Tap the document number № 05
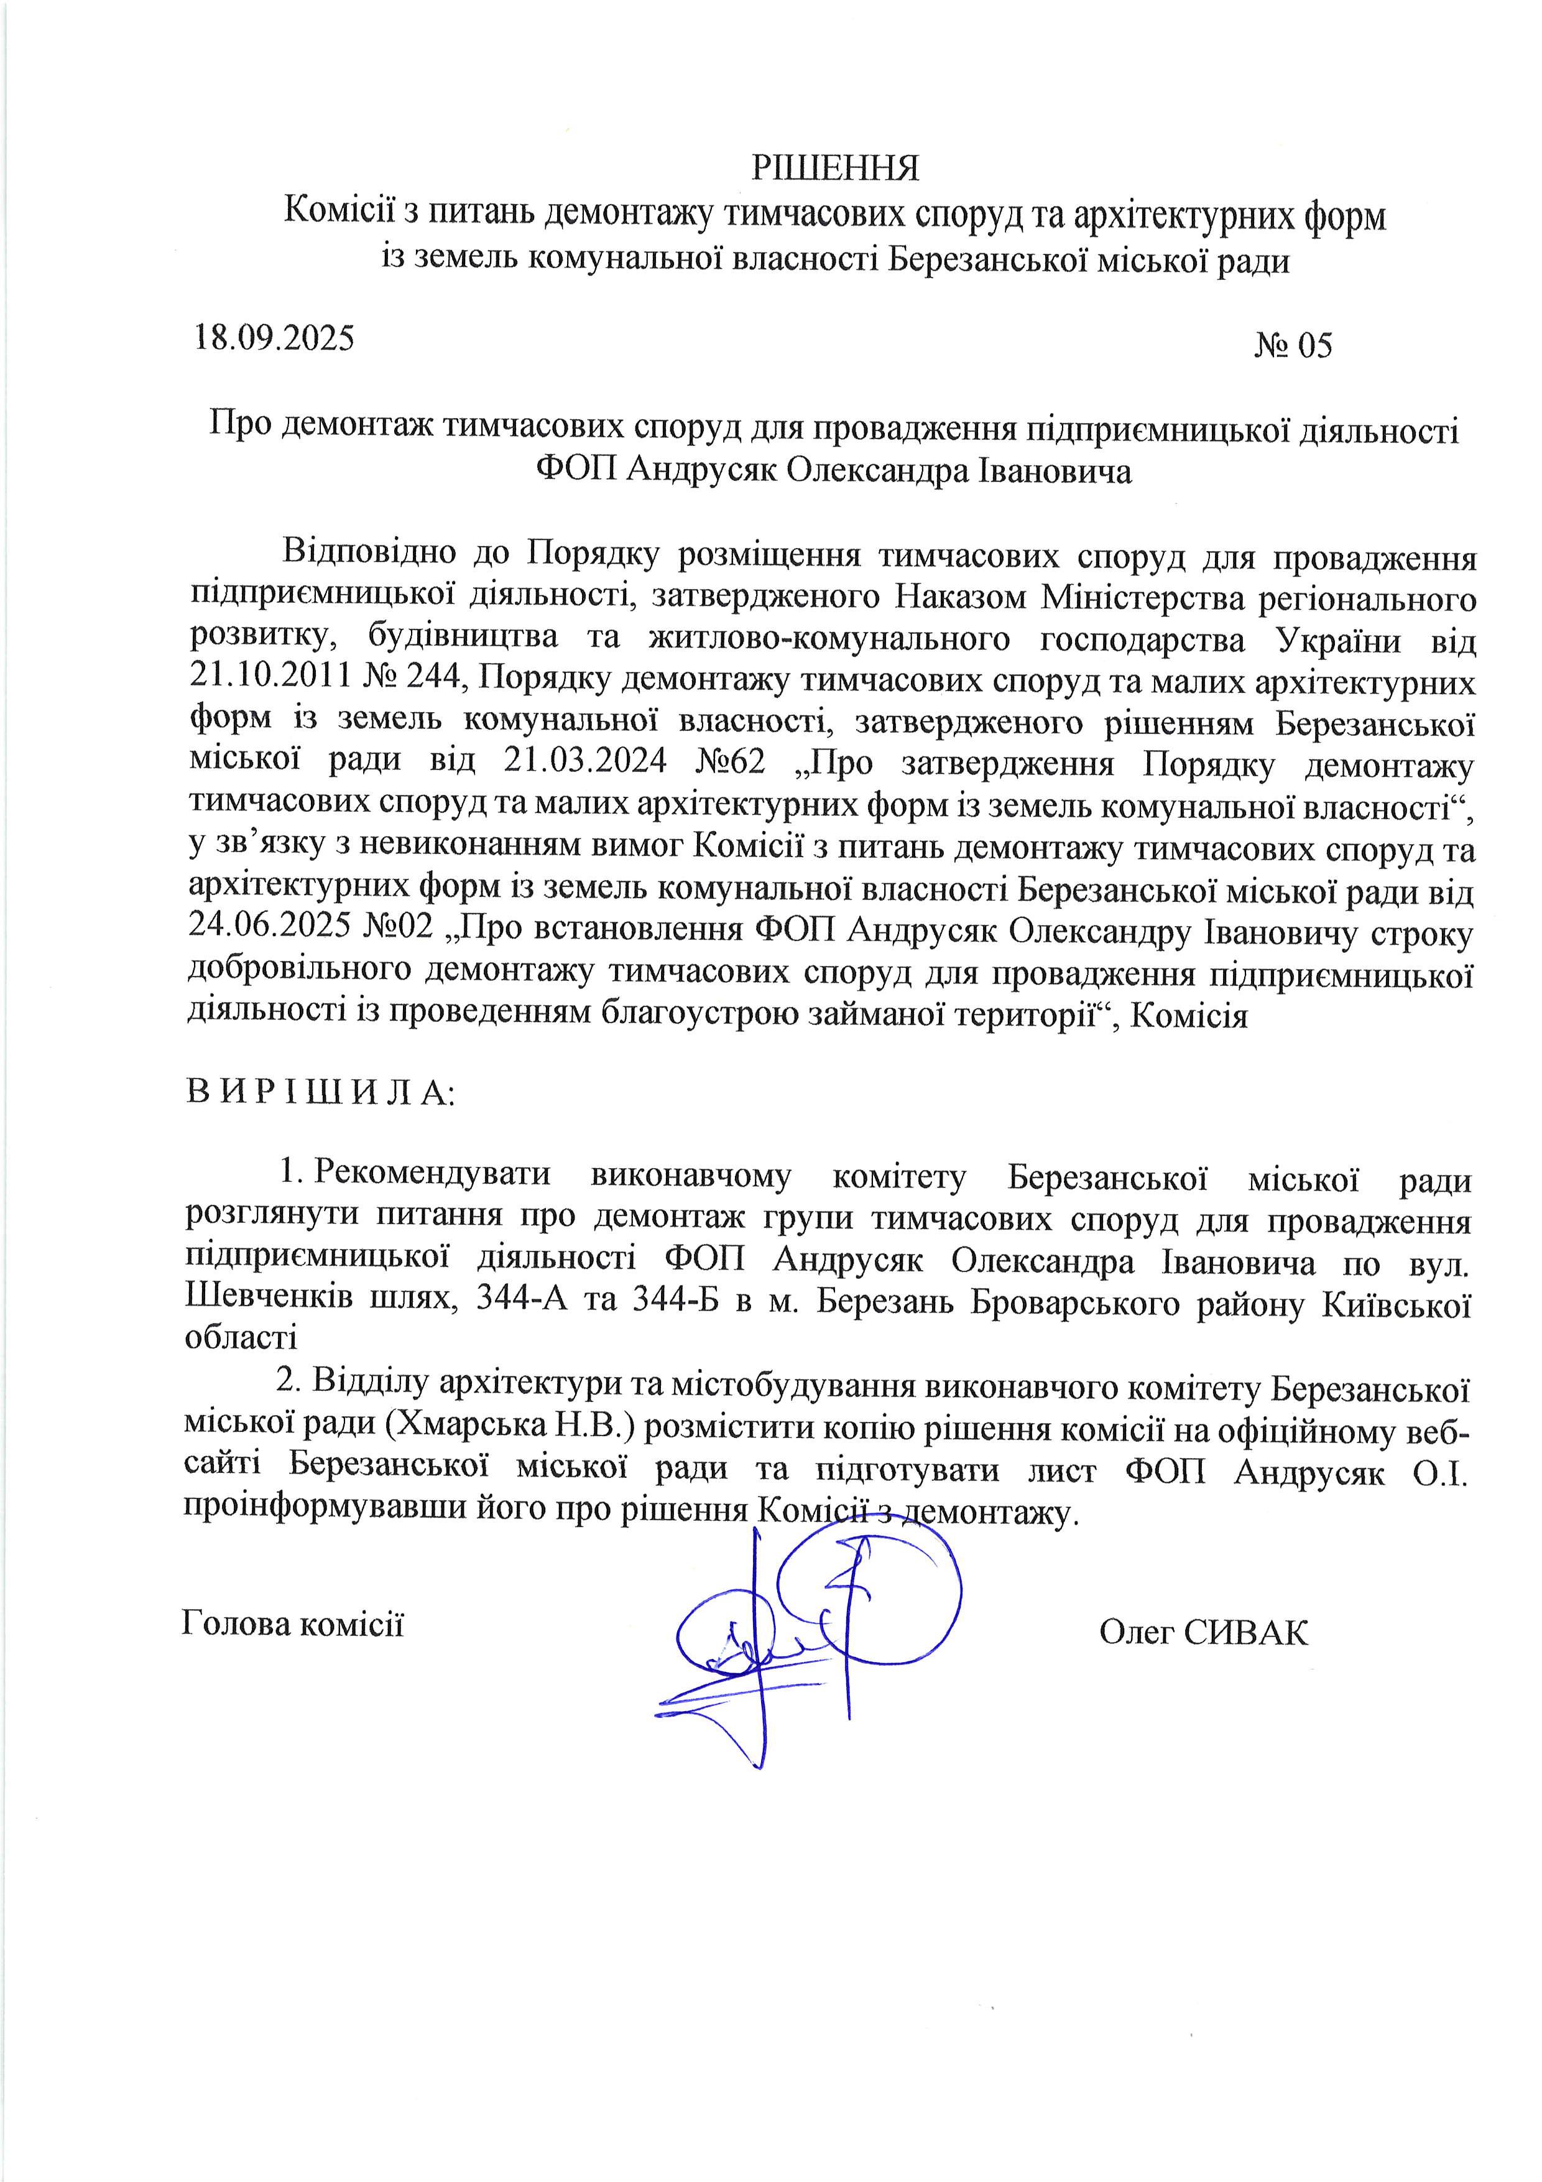click(1293, 346)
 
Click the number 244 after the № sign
click(438, 681)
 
